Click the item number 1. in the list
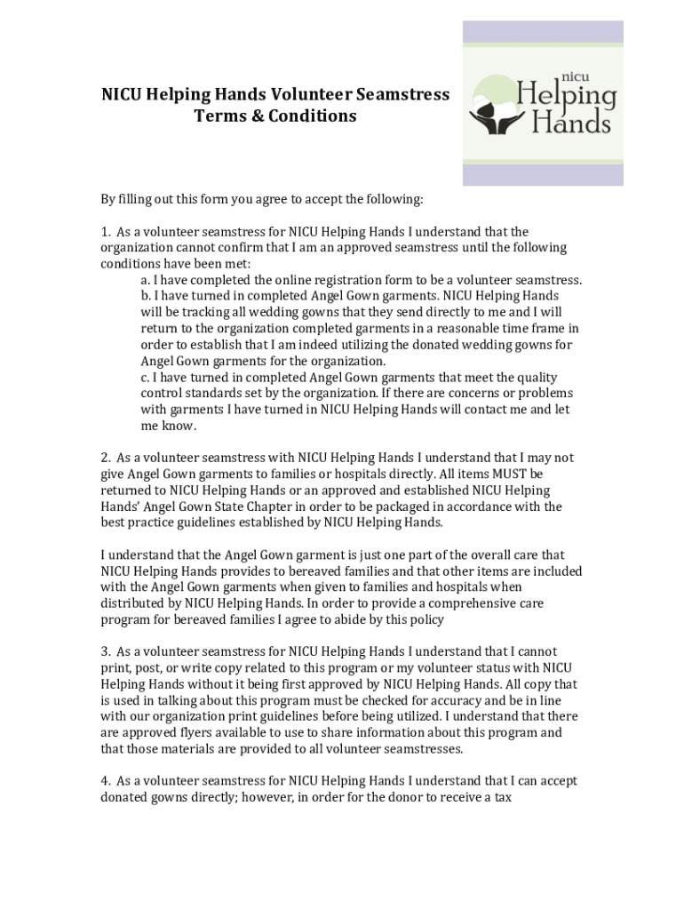(x=106, y=232)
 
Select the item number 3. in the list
(x=106, y=651)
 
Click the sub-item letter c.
(x=145, y=377)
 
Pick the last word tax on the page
(x=502, y=797)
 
